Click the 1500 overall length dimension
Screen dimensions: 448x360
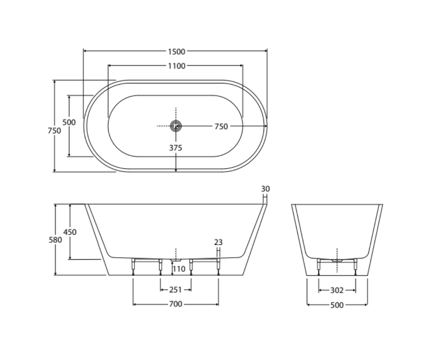(177, 52)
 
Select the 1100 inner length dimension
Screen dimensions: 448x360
(177, 66)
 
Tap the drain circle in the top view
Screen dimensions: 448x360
(176, 126)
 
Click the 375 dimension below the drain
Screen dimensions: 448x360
(175, 148)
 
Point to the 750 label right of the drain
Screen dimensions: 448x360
(221, 127)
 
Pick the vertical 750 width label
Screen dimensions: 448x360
(54, 131)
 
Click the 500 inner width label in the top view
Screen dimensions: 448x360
(69, 122)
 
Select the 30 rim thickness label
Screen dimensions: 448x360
(265, 189)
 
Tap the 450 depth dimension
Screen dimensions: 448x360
(70, 232)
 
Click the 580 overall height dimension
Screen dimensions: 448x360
(55, 240)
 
